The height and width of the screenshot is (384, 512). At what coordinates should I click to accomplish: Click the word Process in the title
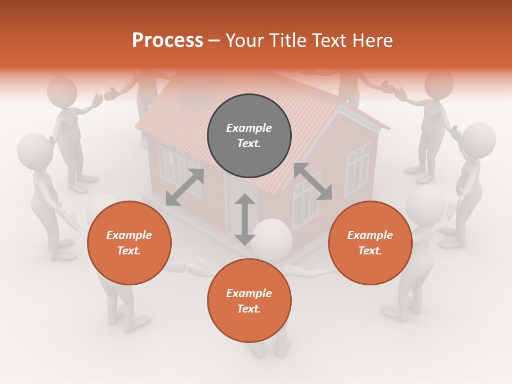(167, 41)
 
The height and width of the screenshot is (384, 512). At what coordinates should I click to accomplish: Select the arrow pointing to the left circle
(185, 187)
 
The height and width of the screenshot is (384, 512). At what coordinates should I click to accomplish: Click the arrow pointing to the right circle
(313, 181)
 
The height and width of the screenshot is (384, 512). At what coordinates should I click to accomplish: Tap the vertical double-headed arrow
(245, 219)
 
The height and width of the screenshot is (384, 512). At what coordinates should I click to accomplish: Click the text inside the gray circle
(249, 135)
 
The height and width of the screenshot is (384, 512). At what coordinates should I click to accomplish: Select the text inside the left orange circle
(129, 243)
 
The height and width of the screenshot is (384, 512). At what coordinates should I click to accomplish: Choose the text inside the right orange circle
(370, 243)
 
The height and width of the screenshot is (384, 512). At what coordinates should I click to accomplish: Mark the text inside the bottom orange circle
(249, 301)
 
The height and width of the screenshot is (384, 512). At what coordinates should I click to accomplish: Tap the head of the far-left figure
(35, 150)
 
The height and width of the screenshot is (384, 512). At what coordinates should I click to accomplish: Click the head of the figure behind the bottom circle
(272, 237)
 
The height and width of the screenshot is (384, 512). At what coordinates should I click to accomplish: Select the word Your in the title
(245, 41)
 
